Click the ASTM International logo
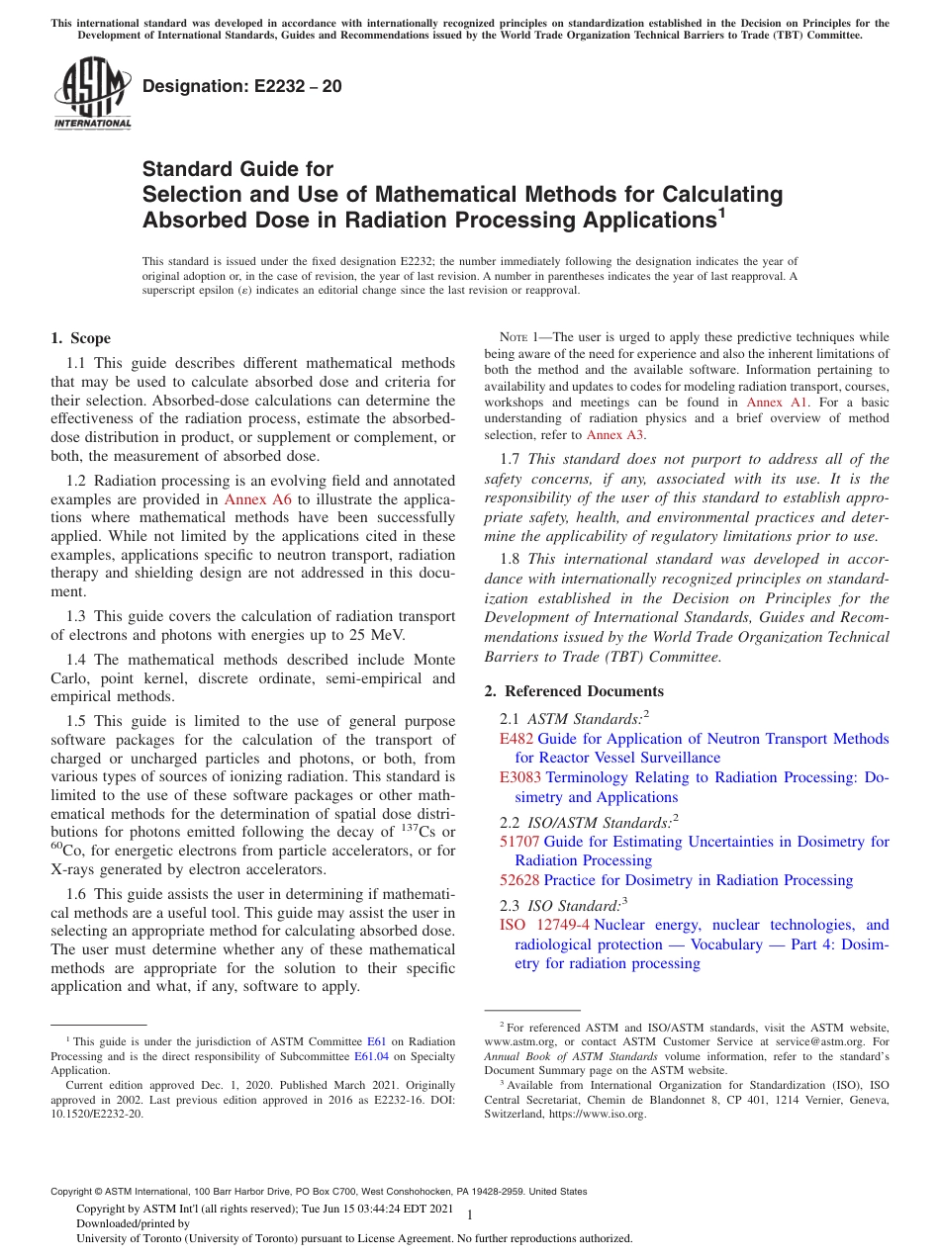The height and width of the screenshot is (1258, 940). point(92,95)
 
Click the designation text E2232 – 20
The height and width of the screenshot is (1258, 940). point(242,86)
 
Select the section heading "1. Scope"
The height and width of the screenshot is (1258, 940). point(81,338)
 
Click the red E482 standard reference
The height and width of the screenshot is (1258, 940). point(517,739)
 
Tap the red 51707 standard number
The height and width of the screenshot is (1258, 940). point(520,842)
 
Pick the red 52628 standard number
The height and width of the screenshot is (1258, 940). point(520,880)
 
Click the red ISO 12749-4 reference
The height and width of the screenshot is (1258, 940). point(544,925)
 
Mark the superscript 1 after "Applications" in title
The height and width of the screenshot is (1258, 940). point(721,211)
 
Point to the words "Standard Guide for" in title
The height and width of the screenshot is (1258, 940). point(237,169)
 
